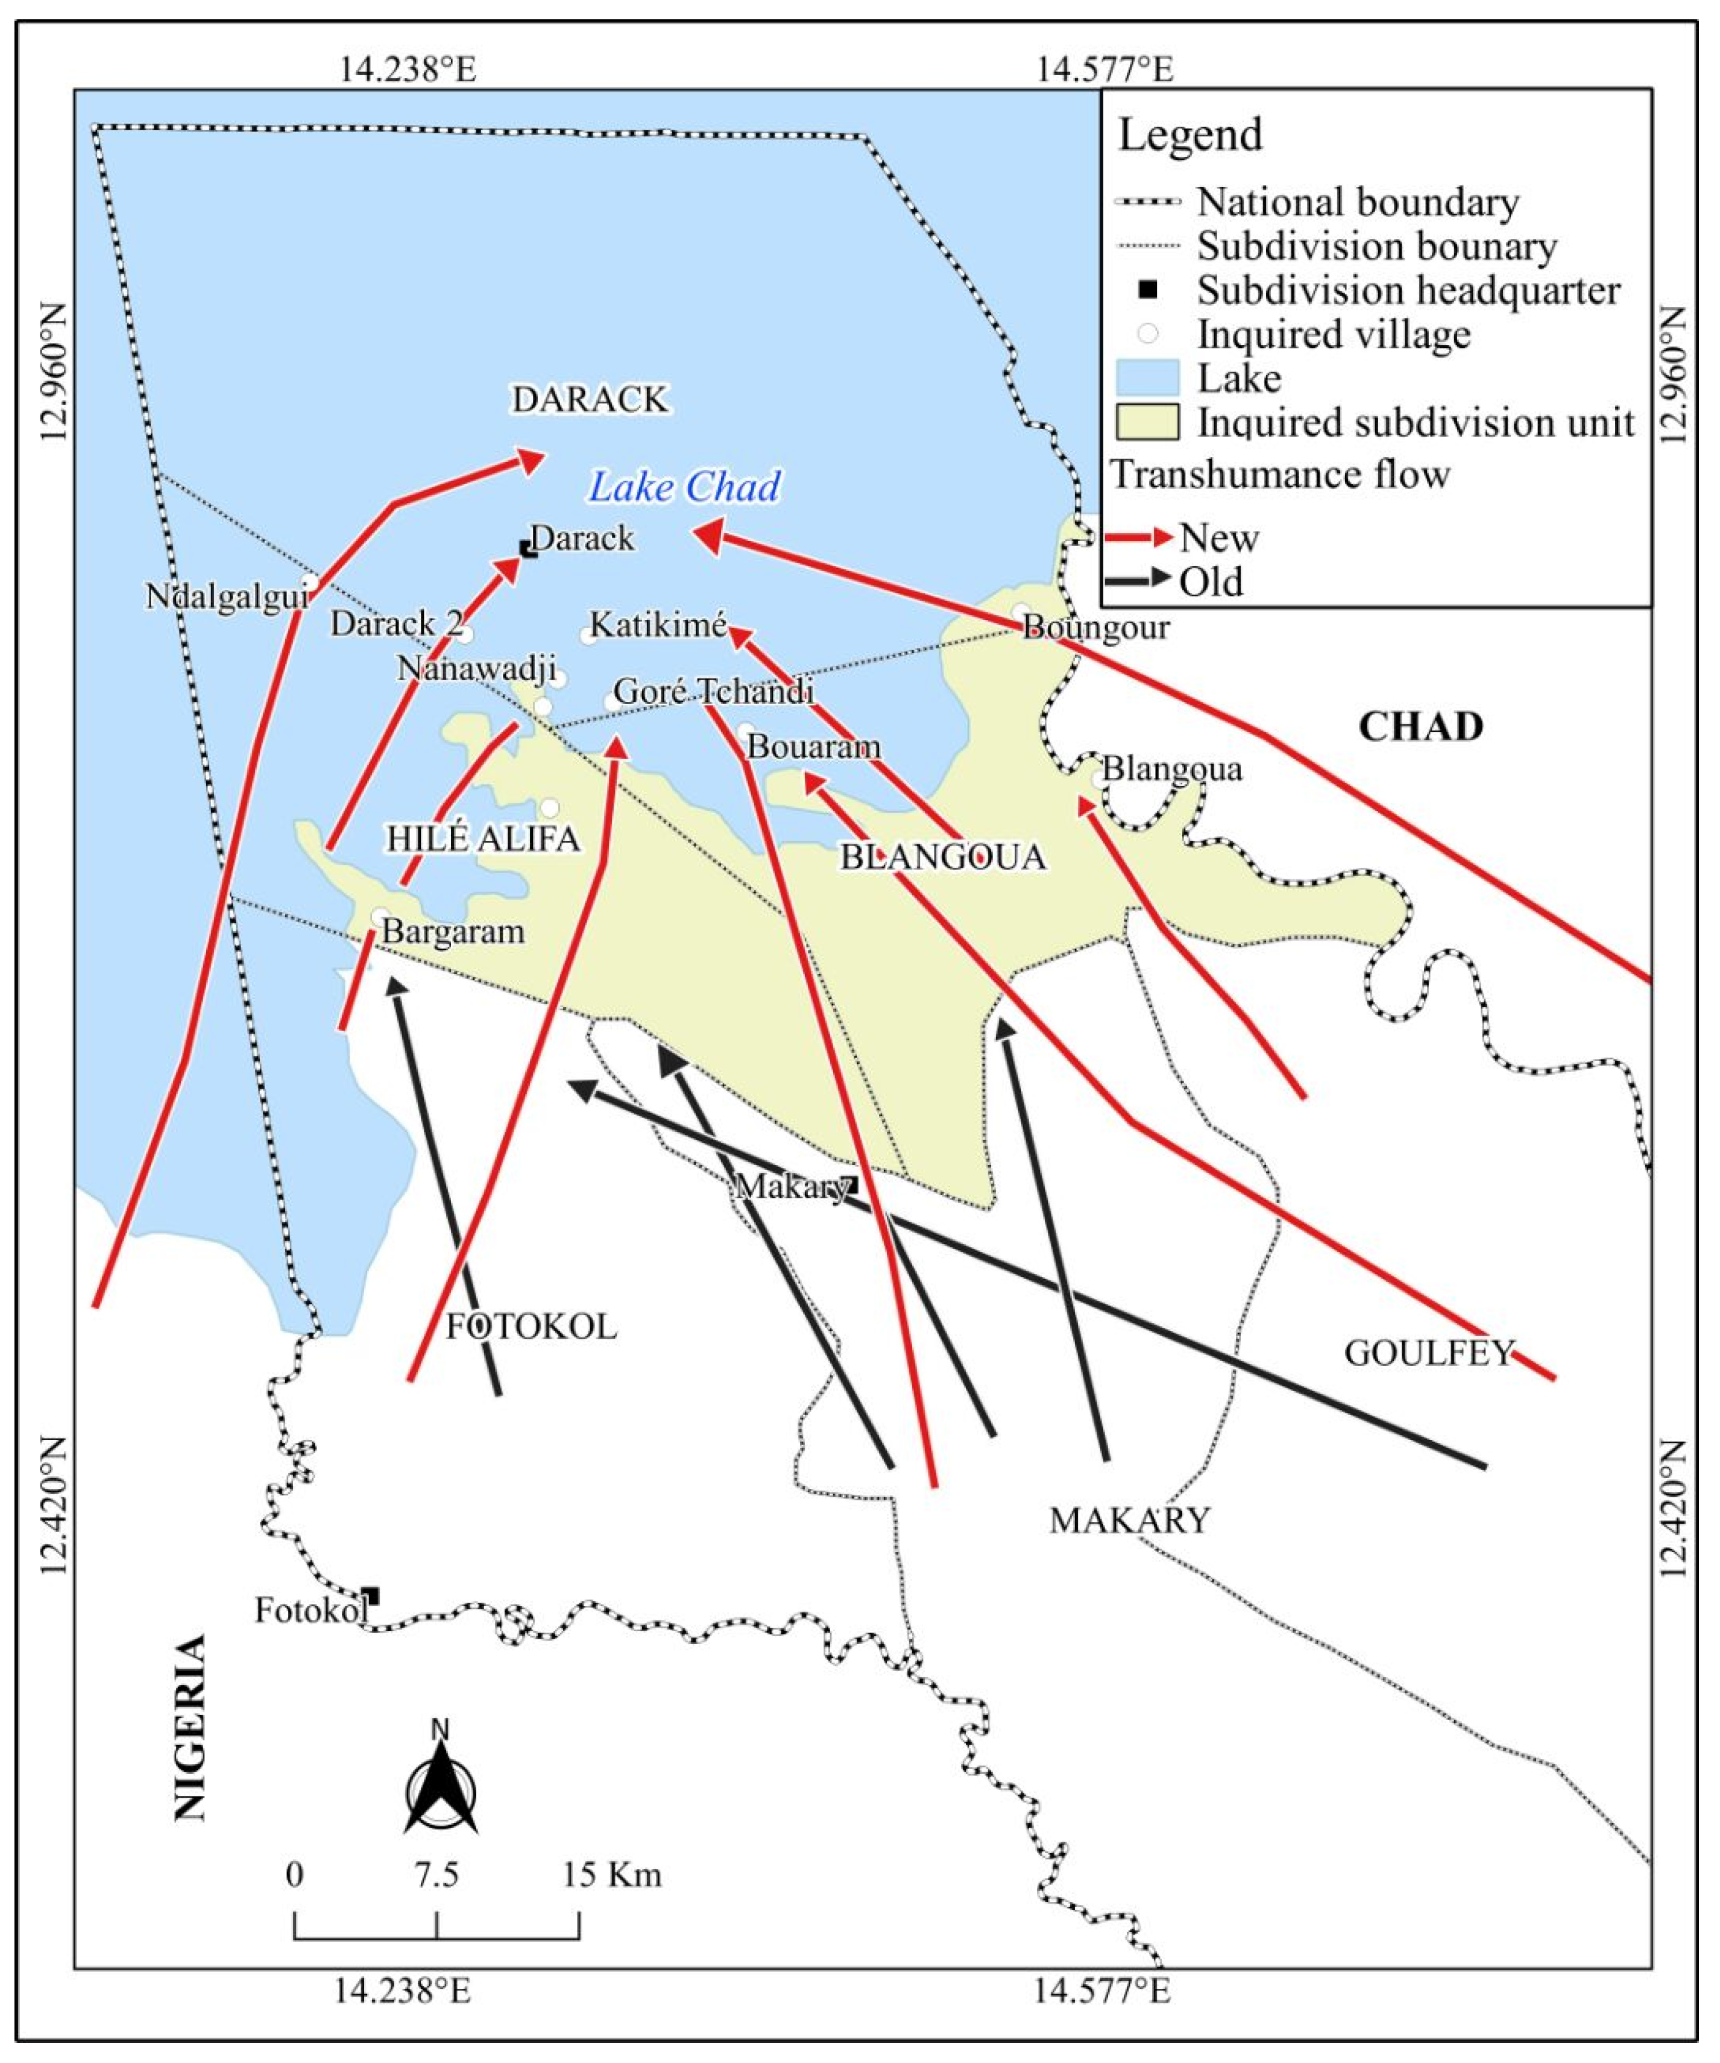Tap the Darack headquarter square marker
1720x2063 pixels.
[529, 548]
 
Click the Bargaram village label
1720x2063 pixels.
[453, 931]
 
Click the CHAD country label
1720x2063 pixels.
[1420, 727]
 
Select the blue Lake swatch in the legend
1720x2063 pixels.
[1147, 378]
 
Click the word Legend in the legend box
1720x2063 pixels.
[1189, 134]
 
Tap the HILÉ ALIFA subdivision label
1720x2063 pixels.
[482, 839]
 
